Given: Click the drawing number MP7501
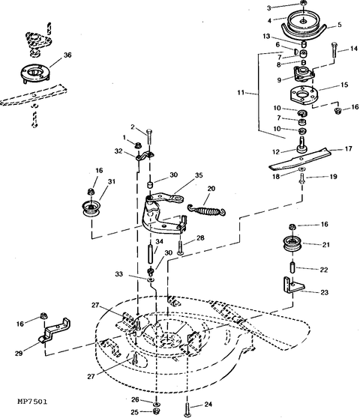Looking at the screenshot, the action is tap(32, 402).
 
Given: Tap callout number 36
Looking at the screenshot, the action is tap(67, 55).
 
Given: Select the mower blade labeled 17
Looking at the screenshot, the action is tap(299, 159).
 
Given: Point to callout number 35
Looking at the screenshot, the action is tap(199, 175).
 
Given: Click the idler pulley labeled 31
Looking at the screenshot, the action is tap(91, 208).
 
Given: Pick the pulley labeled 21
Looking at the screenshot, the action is tap(292, 243).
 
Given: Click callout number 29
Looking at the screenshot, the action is tap(19, 354).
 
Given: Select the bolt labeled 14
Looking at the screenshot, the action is tap(334, 50).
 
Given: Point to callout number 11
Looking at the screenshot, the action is tap(241, 92).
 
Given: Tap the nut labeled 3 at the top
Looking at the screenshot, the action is tap(303, 3).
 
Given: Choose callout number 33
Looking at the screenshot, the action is tap(119, 273).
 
